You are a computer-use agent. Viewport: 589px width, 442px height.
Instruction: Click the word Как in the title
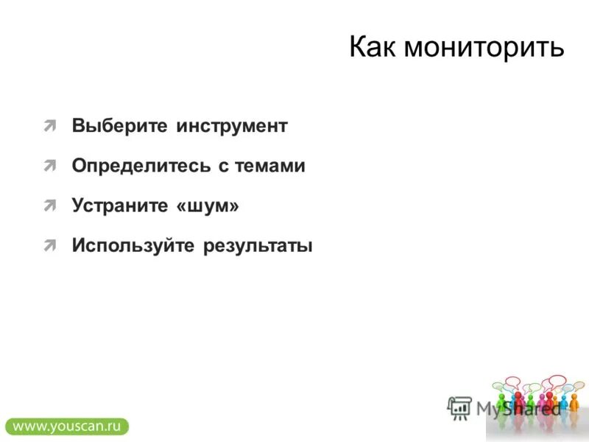coord(373,48)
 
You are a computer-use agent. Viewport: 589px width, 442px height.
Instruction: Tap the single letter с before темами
coord(223,167)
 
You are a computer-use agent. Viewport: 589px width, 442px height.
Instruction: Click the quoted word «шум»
coord(208,206)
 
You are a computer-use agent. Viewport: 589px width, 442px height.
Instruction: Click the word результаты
coord(258,246)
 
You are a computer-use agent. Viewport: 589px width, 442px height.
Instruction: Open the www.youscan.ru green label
coord(66,426)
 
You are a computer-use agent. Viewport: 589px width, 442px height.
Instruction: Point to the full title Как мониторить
coord(456,48)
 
